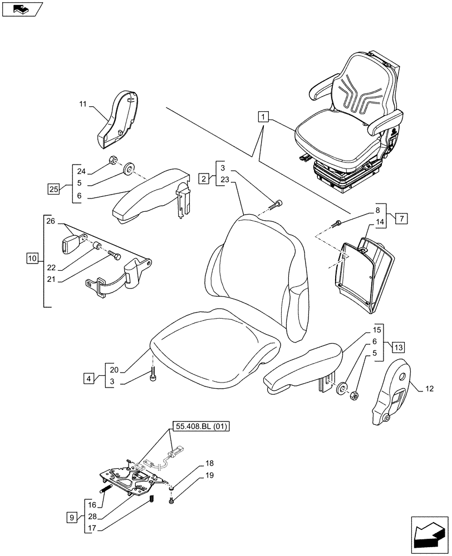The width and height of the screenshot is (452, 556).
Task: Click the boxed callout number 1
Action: (x=263, y=117)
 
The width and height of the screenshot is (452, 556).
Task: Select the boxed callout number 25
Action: (x=53, y=189)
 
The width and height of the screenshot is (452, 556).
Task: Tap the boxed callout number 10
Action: (x=32, y=258)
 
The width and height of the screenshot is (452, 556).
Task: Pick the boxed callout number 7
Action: (x=401, y=219)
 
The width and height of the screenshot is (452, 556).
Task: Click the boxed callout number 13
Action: (x=398, y=348)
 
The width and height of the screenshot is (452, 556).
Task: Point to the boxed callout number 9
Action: (x=70, y=517)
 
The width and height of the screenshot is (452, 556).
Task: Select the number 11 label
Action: (x=83, y=104)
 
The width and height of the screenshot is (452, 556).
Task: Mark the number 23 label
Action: (x=224, y=180)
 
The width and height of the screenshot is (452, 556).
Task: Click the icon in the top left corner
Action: (x=21, y=9)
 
